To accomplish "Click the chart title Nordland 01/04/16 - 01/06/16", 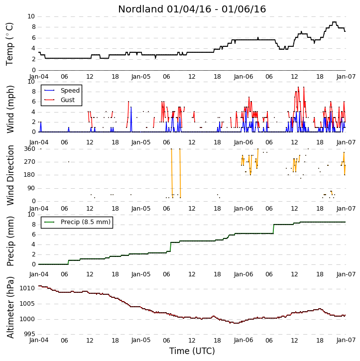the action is pos(192,9).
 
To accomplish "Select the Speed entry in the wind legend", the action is pos(70,91).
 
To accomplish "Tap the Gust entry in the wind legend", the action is pos(68,100).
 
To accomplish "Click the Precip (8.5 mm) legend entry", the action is pos(86,222).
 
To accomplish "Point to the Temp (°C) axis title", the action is pos(9,44).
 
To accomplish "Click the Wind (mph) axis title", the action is pos(10,109).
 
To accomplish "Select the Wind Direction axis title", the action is pos(10,175).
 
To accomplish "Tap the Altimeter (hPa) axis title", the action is pos(10,307).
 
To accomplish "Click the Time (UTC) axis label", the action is pos(192,351).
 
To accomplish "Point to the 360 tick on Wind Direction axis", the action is pos(30,149).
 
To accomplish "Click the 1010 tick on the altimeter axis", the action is pos(27,288).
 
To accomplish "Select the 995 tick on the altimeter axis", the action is pos(30,334).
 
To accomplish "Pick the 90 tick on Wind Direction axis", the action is pos(31,188).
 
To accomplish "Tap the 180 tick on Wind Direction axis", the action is pos(30,175).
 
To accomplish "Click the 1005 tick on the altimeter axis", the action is pos(27,304).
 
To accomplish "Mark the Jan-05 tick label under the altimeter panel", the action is pos(141,340).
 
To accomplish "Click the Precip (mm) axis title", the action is pos(10,241).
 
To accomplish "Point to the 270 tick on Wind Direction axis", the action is pos(30,162).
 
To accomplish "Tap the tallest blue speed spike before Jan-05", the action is pos(131,107).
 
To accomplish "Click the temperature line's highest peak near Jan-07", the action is pos(334,22).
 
